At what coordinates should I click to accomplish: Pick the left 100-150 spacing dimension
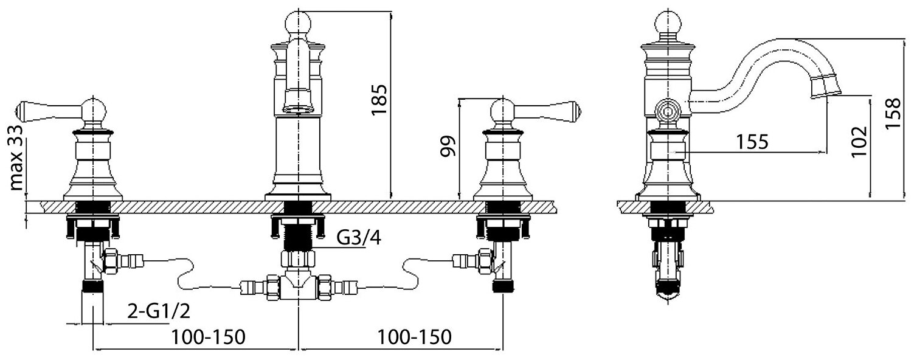click(208, 337)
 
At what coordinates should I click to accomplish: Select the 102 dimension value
click(858, 142)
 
